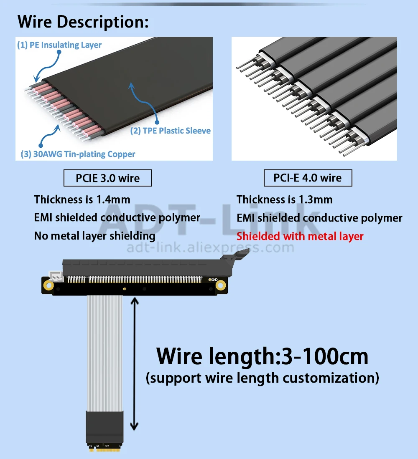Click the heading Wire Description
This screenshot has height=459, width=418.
83,22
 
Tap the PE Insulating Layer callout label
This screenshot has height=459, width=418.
59,45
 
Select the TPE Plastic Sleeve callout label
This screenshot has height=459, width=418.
171,131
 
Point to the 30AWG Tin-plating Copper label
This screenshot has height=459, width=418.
78,154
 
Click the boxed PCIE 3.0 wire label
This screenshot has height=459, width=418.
107,178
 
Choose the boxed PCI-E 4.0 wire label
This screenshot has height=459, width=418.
308,178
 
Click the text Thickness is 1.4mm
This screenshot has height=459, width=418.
82,199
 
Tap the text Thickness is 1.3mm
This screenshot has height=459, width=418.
284,199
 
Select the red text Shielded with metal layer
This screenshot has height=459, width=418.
300,236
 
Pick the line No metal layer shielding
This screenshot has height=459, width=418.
94,236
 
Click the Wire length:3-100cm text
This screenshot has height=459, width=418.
263,356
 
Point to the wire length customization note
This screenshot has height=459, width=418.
263,378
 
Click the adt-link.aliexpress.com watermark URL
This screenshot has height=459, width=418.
210,248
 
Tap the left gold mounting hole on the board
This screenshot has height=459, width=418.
49,286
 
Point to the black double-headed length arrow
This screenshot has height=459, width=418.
134,363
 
